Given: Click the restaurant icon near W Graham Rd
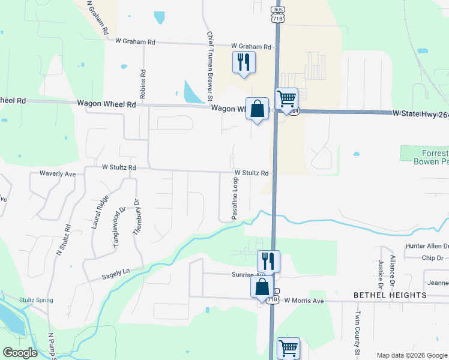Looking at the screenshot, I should coord(244,62).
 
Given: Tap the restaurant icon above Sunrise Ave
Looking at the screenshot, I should coord(268,261).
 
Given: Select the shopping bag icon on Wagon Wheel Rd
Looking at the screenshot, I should coord(257,109).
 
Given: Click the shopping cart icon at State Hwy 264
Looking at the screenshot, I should coord(287,98).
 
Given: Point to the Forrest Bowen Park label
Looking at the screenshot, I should coord(431,155).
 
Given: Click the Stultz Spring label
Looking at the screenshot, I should coord(36,300).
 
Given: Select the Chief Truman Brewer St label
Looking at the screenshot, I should coord(210,66).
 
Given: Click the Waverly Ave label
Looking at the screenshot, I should coord(58,173).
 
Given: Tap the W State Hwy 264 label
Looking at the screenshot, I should coord(420,113).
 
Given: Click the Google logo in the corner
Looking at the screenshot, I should coord(20,353).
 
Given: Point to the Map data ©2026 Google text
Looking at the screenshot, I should coord(411,355).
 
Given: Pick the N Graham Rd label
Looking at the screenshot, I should coord(96,16).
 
